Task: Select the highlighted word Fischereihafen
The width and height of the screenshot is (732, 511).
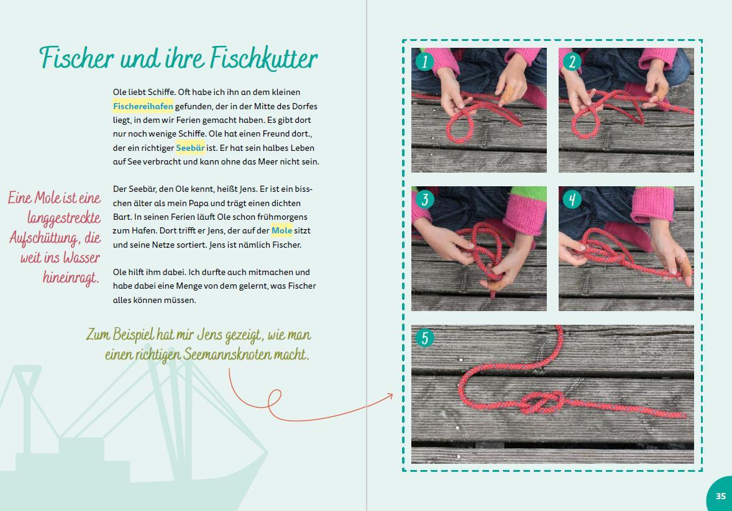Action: click(143, 106)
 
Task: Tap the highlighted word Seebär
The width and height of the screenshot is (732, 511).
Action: click(190, 148)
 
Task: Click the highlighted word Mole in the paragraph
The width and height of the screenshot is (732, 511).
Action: click(281, 230)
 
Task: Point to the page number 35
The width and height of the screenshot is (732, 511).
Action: click(720, 495)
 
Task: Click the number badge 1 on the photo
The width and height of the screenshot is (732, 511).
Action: click(424, 61)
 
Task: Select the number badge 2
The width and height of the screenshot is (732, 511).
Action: click(572, 61)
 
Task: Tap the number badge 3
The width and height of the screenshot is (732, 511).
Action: click(424, 199)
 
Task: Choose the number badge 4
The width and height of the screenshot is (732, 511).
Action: click(572, 199)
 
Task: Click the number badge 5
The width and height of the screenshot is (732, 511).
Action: click(424, 338)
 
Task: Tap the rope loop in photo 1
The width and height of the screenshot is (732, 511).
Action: click(459, 127)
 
